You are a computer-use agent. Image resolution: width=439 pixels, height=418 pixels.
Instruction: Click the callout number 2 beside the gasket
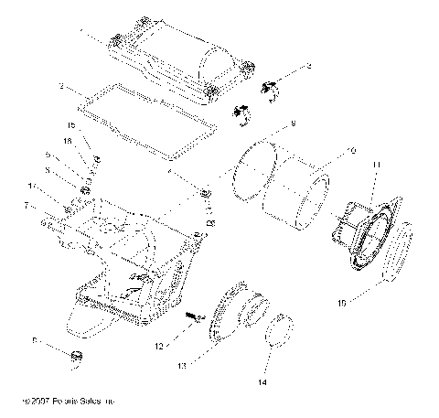(60, 87)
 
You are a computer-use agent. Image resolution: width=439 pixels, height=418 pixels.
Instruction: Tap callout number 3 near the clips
(308, 66)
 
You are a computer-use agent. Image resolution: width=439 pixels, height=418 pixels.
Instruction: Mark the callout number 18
(68, 142)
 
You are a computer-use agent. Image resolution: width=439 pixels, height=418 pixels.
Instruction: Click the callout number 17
(57, 186)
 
